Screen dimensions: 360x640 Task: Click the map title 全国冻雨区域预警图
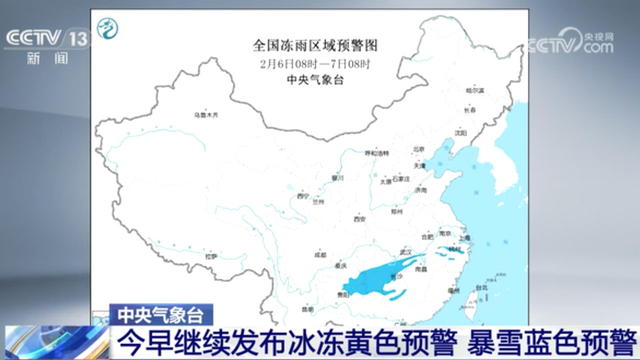click(315, 46)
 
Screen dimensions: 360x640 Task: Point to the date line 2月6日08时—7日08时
click(315, 64)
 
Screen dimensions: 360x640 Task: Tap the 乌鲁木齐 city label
click(206, 115)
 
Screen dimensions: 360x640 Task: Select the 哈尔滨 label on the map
click(475, 90)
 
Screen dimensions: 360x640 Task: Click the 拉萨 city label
click(211, 256)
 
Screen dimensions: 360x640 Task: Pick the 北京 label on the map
click(418, 149)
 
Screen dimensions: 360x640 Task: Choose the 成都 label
click(320, 254)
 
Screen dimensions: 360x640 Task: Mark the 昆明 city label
click(308, 309)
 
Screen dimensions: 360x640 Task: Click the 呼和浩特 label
click(376, 152)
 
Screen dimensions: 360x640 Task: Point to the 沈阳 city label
click(460, 132)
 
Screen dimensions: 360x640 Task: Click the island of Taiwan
click(472, 300)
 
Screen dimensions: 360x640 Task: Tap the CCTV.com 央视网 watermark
click(570, 42)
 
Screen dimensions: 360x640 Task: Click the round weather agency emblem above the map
click(107, 28)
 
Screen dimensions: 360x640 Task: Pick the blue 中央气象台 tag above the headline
click(161, 315)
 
